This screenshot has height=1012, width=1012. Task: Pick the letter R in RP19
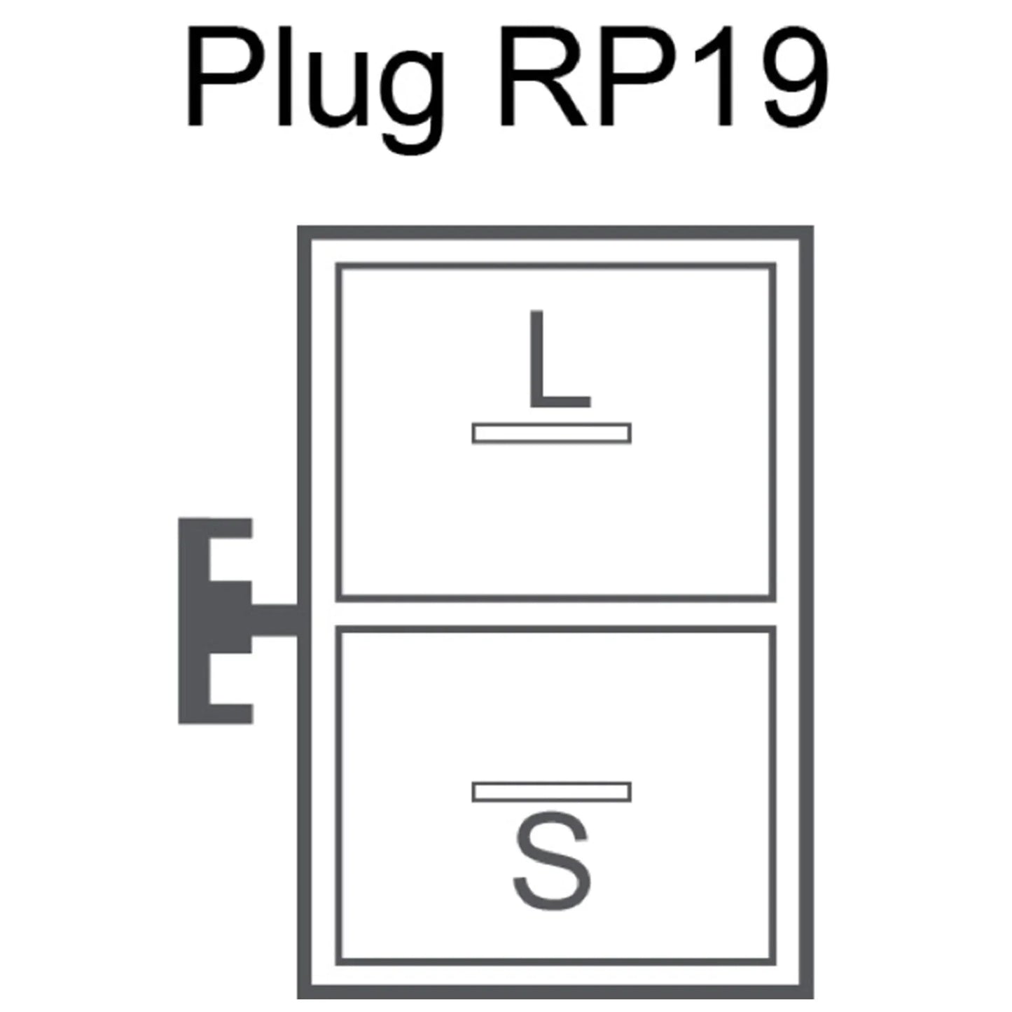(x=543, y=74)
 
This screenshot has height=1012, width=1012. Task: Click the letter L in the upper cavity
(x=560, y=359)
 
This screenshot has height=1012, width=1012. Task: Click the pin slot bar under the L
(x=551, y=434)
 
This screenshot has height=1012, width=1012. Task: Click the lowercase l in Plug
(x=284, y=74)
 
